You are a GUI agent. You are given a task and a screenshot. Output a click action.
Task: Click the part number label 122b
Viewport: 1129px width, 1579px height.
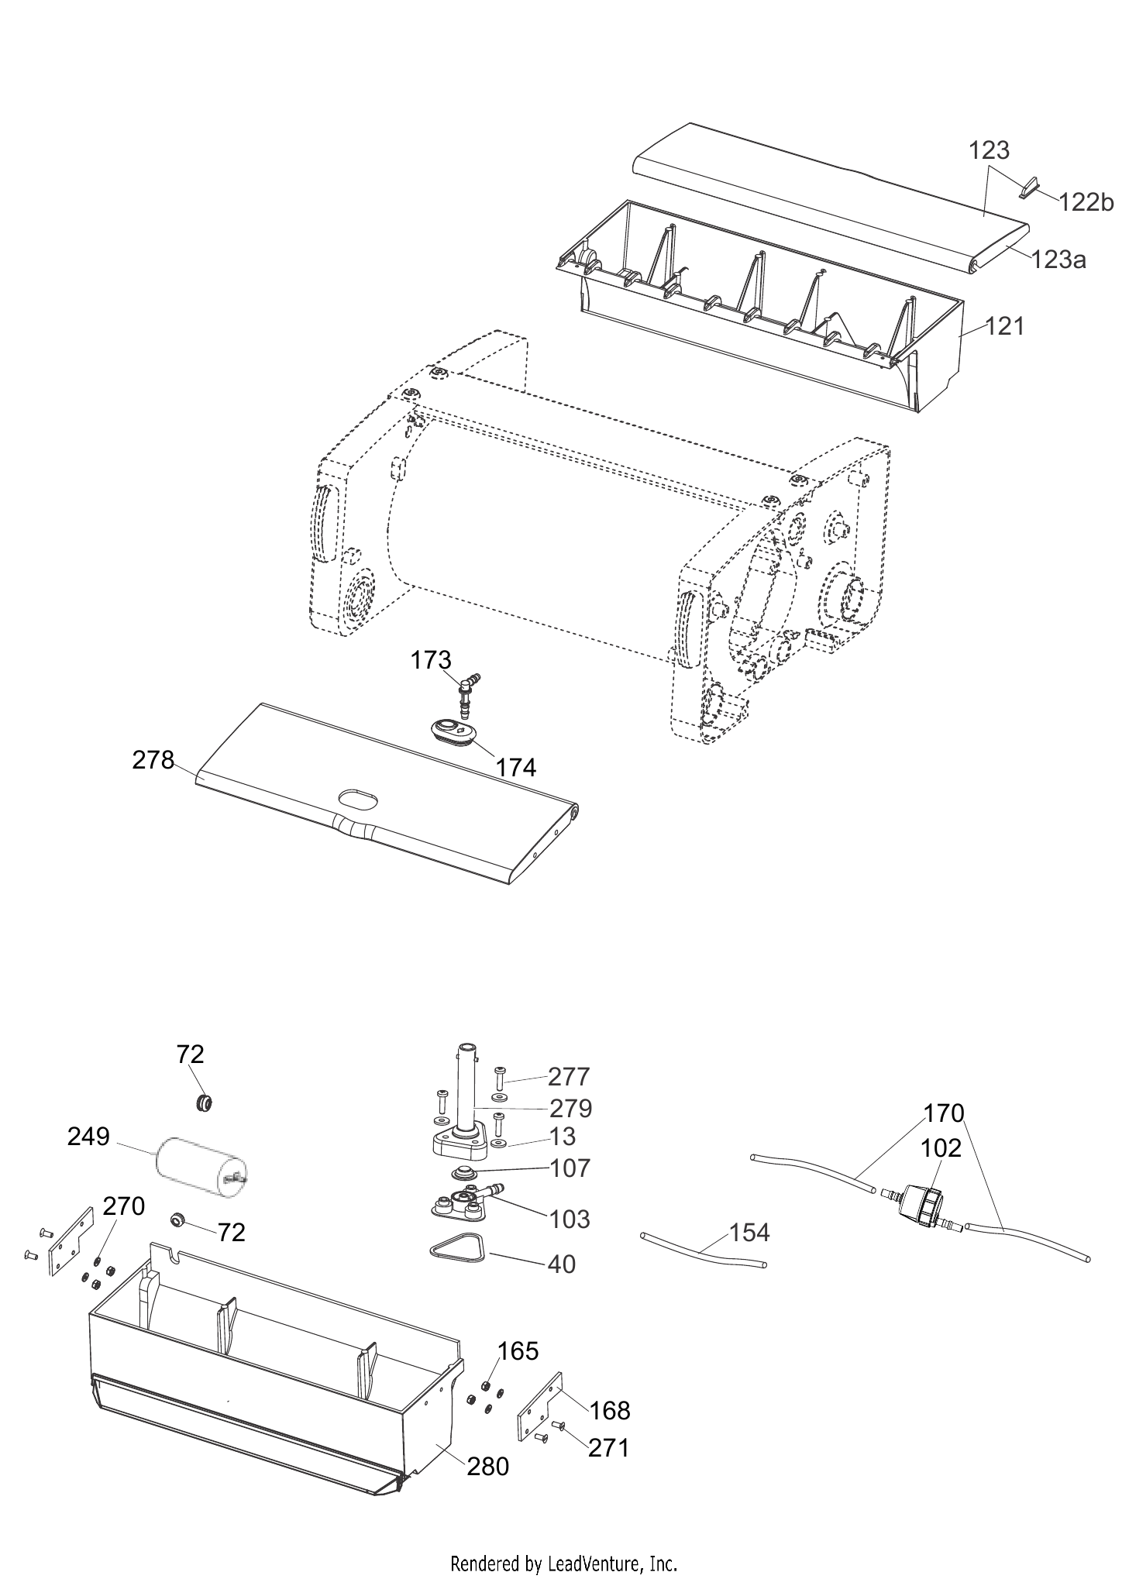tap(1086, 202)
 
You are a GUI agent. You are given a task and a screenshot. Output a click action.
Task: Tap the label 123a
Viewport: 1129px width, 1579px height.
tap(1058, 260)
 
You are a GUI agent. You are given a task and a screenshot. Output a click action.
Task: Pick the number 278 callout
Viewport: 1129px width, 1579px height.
tap(153, 760)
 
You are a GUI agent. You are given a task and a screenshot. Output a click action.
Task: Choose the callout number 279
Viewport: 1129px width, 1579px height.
tap(570, 1108)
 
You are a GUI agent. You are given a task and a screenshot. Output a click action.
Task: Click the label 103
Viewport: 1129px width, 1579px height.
tap(570, 1219)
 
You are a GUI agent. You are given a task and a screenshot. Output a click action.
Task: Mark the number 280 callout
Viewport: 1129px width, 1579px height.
tap(488, 1466)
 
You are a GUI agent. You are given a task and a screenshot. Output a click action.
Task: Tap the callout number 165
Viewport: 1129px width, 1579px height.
tap(518, 1350)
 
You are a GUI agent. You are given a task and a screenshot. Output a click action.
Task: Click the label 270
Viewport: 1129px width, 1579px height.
tap(124, 1206)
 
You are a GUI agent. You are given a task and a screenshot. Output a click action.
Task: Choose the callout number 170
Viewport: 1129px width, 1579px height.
tap(943, 1113)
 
